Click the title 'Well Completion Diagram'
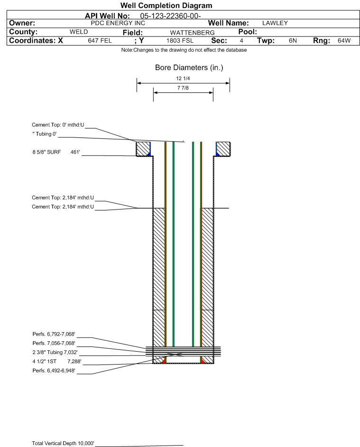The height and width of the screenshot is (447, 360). click(166, 6)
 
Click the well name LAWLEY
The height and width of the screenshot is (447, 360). click(275, 23)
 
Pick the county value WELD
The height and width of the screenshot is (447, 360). click(79, 32)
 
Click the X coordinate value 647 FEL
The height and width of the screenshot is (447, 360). click(100, 41)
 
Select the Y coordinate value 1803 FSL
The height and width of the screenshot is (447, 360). click(180, 41)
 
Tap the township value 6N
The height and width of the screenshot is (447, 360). click(293, 41)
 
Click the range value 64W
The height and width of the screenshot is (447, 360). click(344, 41)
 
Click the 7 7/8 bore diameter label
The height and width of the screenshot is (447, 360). click(183, 88)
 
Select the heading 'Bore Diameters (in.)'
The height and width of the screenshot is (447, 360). click(189, 68)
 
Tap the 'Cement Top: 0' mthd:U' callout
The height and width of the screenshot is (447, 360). click(58, 125)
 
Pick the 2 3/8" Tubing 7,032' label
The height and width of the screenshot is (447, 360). click(55, 352)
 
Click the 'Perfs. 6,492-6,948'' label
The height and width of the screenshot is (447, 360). click(54, 370)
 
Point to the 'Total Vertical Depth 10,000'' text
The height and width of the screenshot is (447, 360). click(63, 443)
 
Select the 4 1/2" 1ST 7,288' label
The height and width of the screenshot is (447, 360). click(55, 361)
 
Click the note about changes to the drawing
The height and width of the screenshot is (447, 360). click(184, 50)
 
